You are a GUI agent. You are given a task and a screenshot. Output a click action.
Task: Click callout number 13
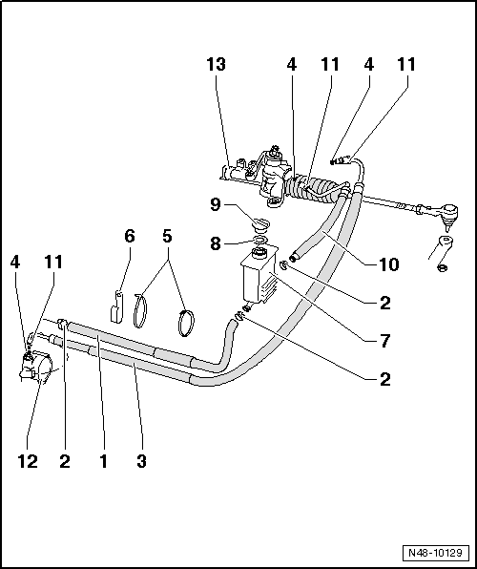218,65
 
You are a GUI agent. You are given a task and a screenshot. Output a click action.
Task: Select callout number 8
216,243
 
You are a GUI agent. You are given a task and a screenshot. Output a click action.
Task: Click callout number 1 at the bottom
104,461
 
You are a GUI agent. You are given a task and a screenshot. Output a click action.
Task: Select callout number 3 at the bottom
140,461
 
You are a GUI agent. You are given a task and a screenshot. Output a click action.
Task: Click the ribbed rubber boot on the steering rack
311,186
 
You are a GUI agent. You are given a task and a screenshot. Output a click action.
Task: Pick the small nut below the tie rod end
442,266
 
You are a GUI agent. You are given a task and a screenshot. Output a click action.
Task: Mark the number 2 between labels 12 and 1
65,461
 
